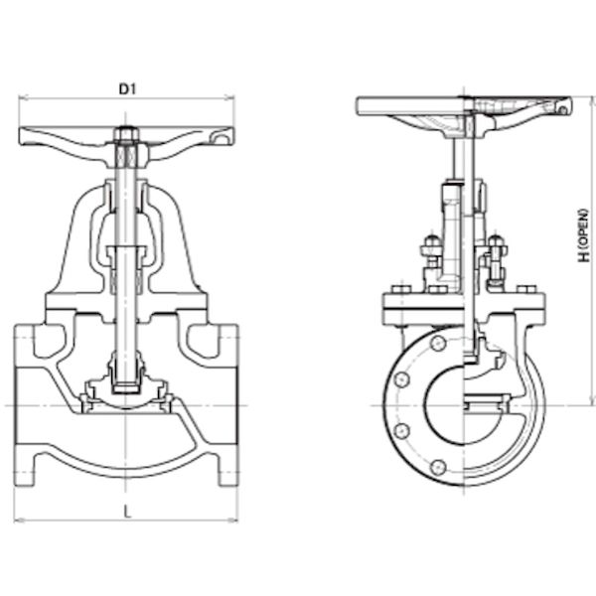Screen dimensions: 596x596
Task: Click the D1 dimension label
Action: click(127, 89)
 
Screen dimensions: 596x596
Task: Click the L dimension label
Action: click(127, 513)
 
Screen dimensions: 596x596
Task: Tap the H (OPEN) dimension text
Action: click(584, 235)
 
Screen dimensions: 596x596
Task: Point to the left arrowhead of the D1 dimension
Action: click(23, 98)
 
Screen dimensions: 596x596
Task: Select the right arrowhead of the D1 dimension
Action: click(230, 98)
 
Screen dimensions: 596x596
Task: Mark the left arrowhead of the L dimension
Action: click(18, 520)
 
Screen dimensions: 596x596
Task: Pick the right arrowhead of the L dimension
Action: click(234, 520)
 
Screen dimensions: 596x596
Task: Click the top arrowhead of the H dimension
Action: click(591, 100)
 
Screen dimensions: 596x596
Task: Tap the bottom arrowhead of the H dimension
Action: click(591, 401)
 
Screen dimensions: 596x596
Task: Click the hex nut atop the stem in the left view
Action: click(126, 134)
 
